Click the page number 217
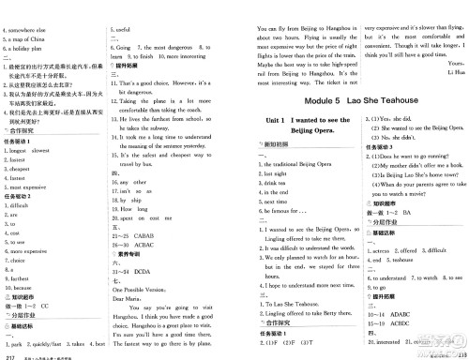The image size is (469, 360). [9, 354]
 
